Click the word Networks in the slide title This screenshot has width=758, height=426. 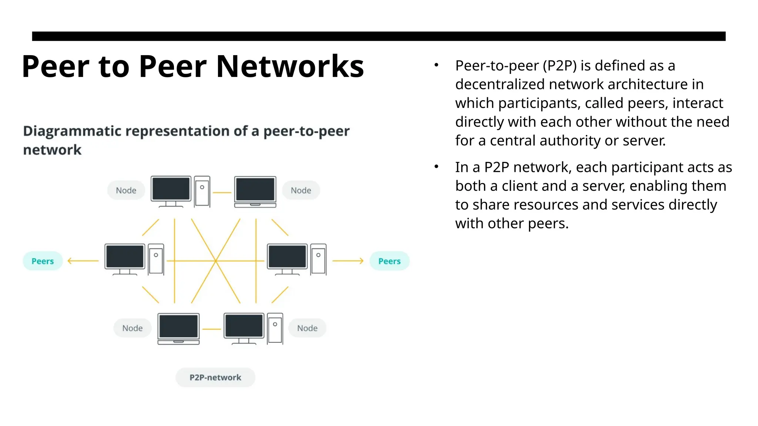point(290,67)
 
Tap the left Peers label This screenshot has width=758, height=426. point(43,261)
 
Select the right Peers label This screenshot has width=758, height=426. point(389,261)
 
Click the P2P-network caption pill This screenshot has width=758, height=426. point(215,378)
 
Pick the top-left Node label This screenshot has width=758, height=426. point(126,190)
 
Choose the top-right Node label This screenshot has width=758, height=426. point(301,190)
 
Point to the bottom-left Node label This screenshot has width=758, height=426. point(132,328)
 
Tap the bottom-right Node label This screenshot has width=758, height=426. point(307,328)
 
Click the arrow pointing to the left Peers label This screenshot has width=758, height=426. point(83,261)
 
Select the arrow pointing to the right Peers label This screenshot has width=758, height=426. point(348,261)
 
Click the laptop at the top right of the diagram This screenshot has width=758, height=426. point(255,192)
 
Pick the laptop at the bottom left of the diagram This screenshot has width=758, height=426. point(178,329)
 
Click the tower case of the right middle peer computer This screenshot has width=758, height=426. point(318,259)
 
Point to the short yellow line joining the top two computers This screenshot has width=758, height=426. point(222,193)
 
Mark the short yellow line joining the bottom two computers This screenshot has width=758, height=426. point(212,329)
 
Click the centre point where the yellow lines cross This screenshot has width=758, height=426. point(215,261)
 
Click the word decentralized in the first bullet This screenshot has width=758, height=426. point(500,84)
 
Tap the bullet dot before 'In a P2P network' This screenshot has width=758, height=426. point(436,167)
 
